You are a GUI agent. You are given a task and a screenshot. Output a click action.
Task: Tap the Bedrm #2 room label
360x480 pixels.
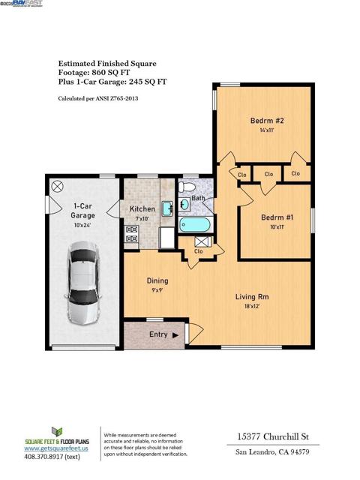coord(265,120)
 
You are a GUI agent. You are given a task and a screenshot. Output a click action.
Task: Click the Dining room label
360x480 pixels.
coord(157,281)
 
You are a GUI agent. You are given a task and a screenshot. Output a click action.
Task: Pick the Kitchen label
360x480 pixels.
coord(142,209)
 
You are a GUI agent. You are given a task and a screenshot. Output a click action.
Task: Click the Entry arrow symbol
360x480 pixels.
coord(176,335)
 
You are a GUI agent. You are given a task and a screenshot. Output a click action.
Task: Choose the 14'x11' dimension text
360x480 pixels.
coord(265,130)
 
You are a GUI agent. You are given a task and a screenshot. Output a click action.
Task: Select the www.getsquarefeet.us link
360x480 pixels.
coord(57,448)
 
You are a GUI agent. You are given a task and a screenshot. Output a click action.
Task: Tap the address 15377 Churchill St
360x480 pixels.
coord(267,436)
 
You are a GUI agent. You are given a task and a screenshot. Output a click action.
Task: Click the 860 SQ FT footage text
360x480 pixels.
coord(113,74)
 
